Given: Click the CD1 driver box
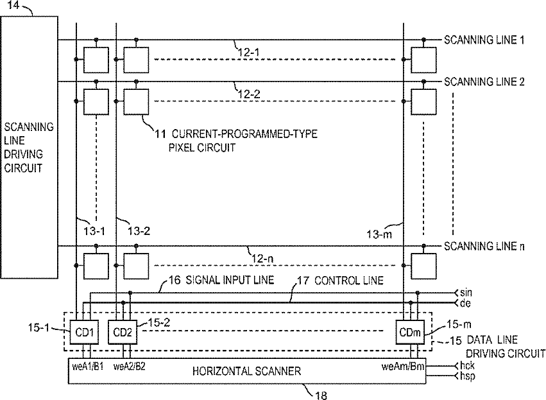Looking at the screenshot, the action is tap(84, 333).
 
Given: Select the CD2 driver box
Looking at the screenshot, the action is tap(123, 333).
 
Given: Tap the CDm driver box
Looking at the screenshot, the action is tap(410, 333).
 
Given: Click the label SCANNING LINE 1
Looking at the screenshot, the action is tap(484, 40).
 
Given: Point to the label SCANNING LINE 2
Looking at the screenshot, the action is tap(484, 82).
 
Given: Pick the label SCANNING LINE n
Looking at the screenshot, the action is tap(484, 247).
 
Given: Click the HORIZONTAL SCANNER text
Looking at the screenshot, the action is tap(246, 371).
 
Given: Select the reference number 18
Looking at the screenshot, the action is tap(321, 395).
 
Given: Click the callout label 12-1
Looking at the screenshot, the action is tap(249, 53).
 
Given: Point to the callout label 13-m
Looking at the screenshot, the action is tap(379, 234).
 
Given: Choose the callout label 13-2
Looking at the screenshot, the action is tap(139, 230).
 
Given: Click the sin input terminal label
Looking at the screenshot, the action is tap(466, 292).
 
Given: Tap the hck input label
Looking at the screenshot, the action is tap(467, 366).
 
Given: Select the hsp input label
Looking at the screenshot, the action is tap(467, 376).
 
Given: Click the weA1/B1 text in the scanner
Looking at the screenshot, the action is tap(88, 367).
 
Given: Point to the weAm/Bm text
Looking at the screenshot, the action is tap(403, 367).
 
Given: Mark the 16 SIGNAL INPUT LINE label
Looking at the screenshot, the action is tap(221, 280).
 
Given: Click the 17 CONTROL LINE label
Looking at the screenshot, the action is tap(340, 281).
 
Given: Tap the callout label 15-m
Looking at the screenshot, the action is tap(459, 325).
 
